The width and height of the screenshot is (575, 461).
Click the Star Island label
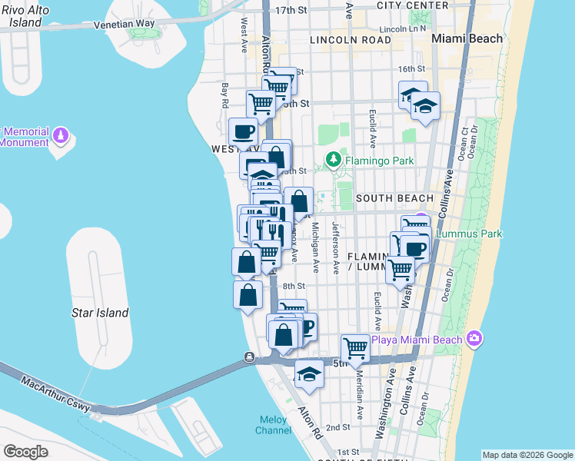100,313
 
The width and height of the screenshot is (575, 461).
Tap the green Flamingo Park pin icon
333,161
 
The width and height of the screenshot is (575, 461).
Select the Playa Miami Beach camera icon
474,339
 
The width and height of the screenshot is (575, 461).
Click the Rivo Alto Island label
21,16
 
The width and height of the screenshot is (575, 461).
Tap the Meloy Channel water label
273,426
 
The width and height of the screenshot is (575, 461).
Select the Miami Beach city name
467,38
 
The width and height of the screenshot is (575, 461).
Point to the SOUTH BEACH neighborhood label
394,198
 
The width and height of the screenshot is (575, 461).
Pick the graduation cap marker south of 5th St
309,373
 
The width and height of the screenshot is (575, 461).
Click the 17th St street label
291,10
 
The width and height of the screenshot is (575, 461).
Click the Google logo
25,452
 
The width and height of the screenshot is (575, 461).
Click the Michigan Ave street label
315,248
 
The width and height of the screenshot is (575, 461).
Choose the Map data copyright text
527,455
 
